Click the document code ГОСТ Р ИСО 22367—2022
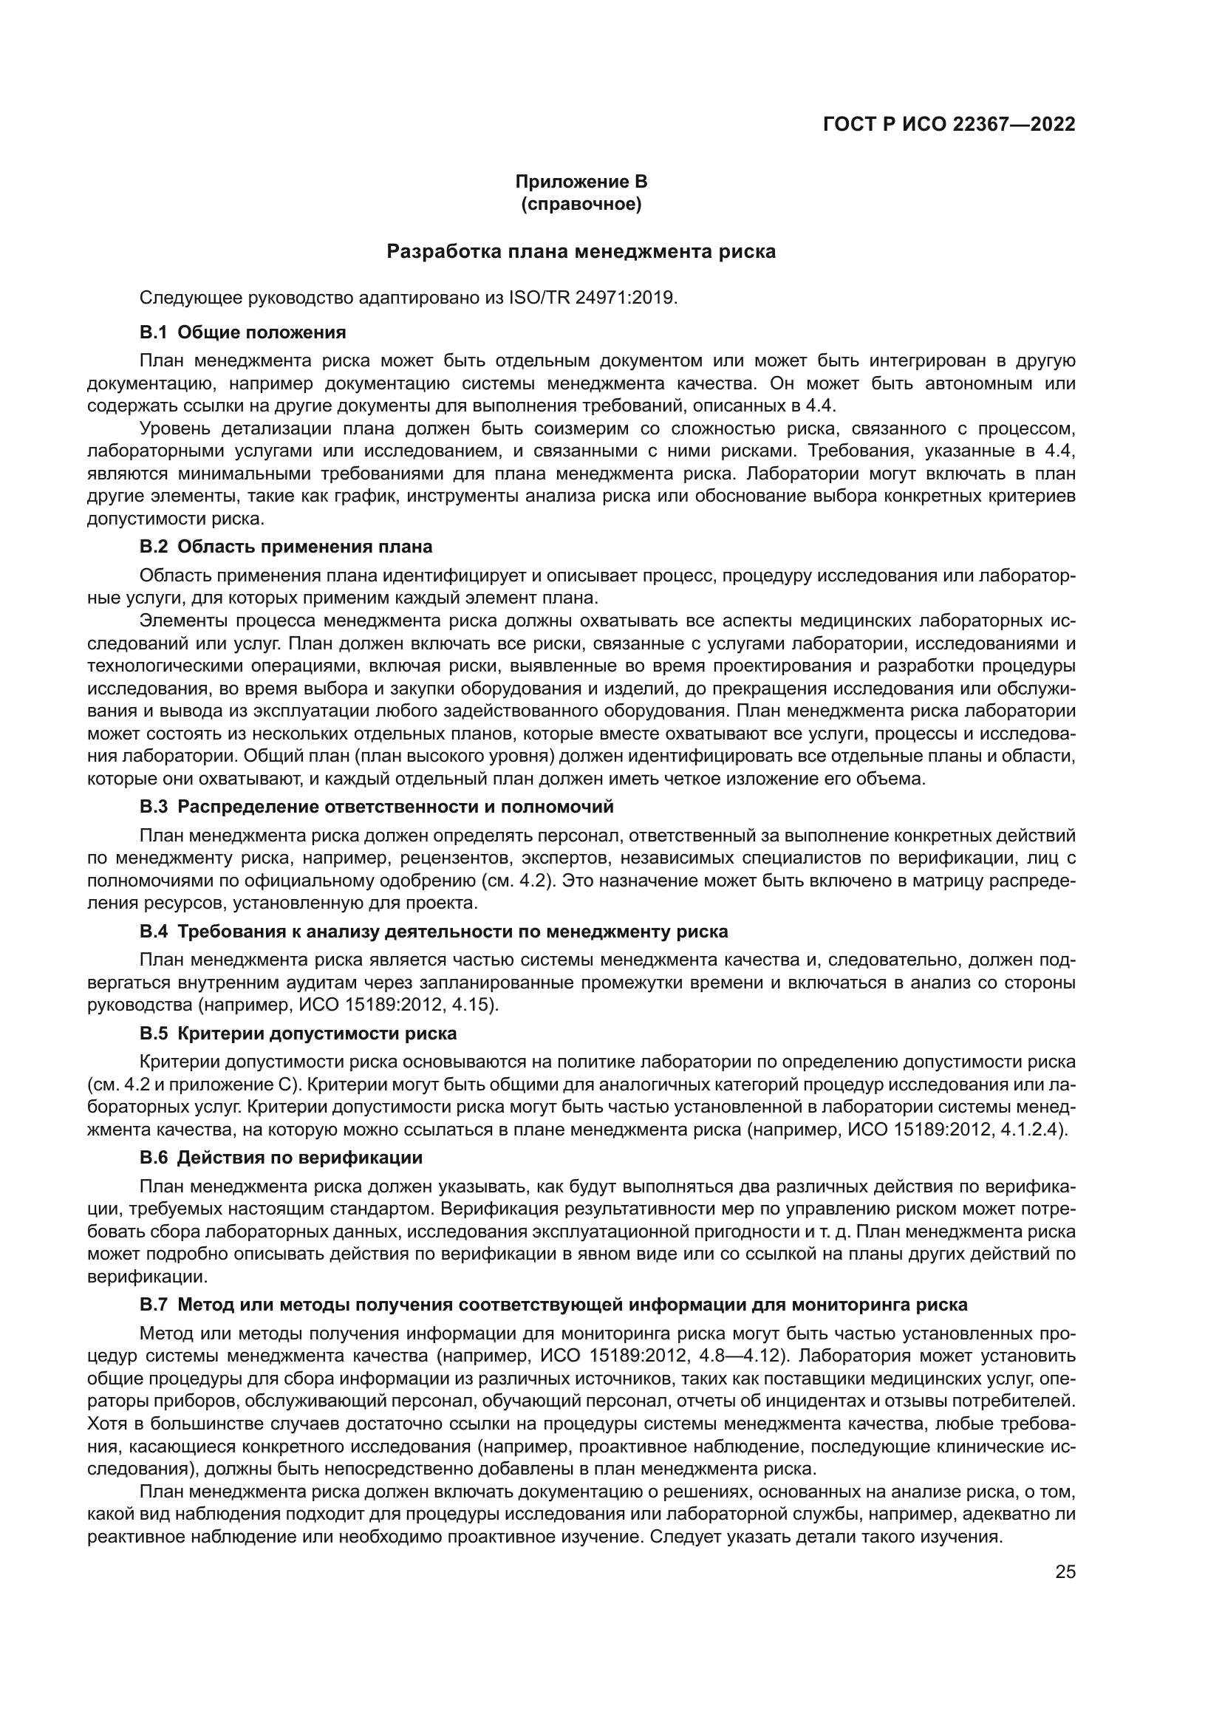click(949, 124)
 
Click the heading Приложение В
click(581, 182)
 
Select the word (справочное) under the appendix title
click(581, 204)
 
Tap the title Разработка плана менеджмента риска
click(581, 251)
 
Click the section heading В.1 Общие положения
click(242, 332)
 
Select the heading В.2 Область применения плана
click(286, 547)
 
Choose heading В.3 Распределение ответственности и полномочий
click(376, 807)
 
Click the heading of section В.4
click(434, 932)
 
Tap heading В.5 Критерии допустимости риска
click(298, 1034)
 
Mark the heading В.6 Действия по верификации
click(281, 1158)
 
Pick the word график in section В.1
click(361, 496)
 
